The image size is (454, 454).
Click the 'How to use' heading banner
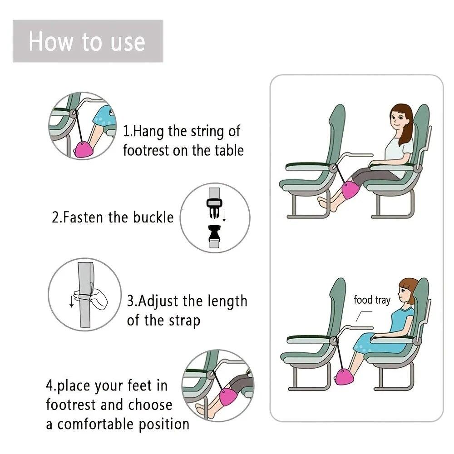pos(87,41)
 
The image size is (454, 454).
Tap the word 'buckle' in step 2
pos(153,217)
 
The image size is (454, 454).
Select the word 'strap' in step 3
pos(184,321)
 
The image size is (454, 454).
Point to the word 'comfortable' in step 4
pos(96,424)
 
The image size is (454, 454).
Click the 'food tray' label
pos(372,300)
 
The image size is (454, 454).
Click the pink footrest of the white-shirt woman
pos(350,191)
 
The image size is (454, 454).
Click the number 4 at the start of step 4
pos(49,386)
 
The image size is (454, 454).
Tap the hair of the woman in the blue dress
pos(408,286)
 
